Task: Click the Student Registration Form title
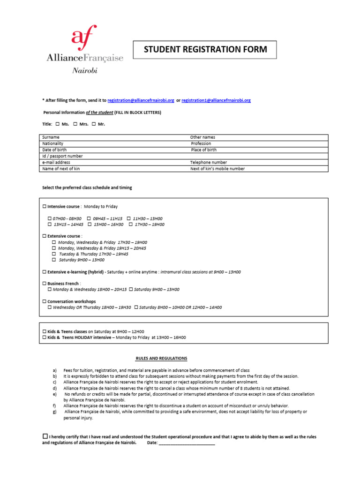pyautogui.click(x=205, y=49)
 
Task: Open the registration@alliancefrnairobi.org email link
pyautogui.click(x=141, y=100)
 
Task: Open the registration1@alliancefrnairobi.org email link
pyautogui.click(x=216, y=100)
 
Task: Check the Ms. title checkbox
pyautogui.click(x=58, y=124)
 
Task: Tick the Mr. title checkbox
pyautogui.click(x=94, y=124)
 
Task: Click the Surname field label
pyautogui.click(x=51, y=137)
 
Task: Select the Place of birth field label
pyautogui.click(x=203, y=150)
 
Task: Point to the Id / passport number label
pyautogui.click(x=62, y=156)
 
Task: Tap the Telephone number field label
pyautogui.click(x=208, y=163)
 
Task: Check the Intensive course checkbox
pyautogui.click(x=45, y=207)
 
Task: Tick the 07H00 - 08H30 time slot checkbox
pyautogui.click(x=50, y=219)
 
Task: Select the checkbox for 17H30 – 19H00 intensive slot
pyautogui.click(x=131, y=225)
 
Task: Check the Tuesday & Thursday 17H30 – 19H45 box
pyautogui.click(x=54, y=254)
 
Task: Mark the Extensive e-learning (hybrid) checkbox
pyautogui.click(x=45, y=272)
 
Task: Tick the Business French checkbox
pyautogui.click(x=45, y=284)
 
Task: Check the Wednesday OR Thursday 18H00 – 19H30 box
pyautogui.click(x=50, y=308)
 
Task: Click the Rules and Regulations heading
pyautogui.click(x=161, y=359)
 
